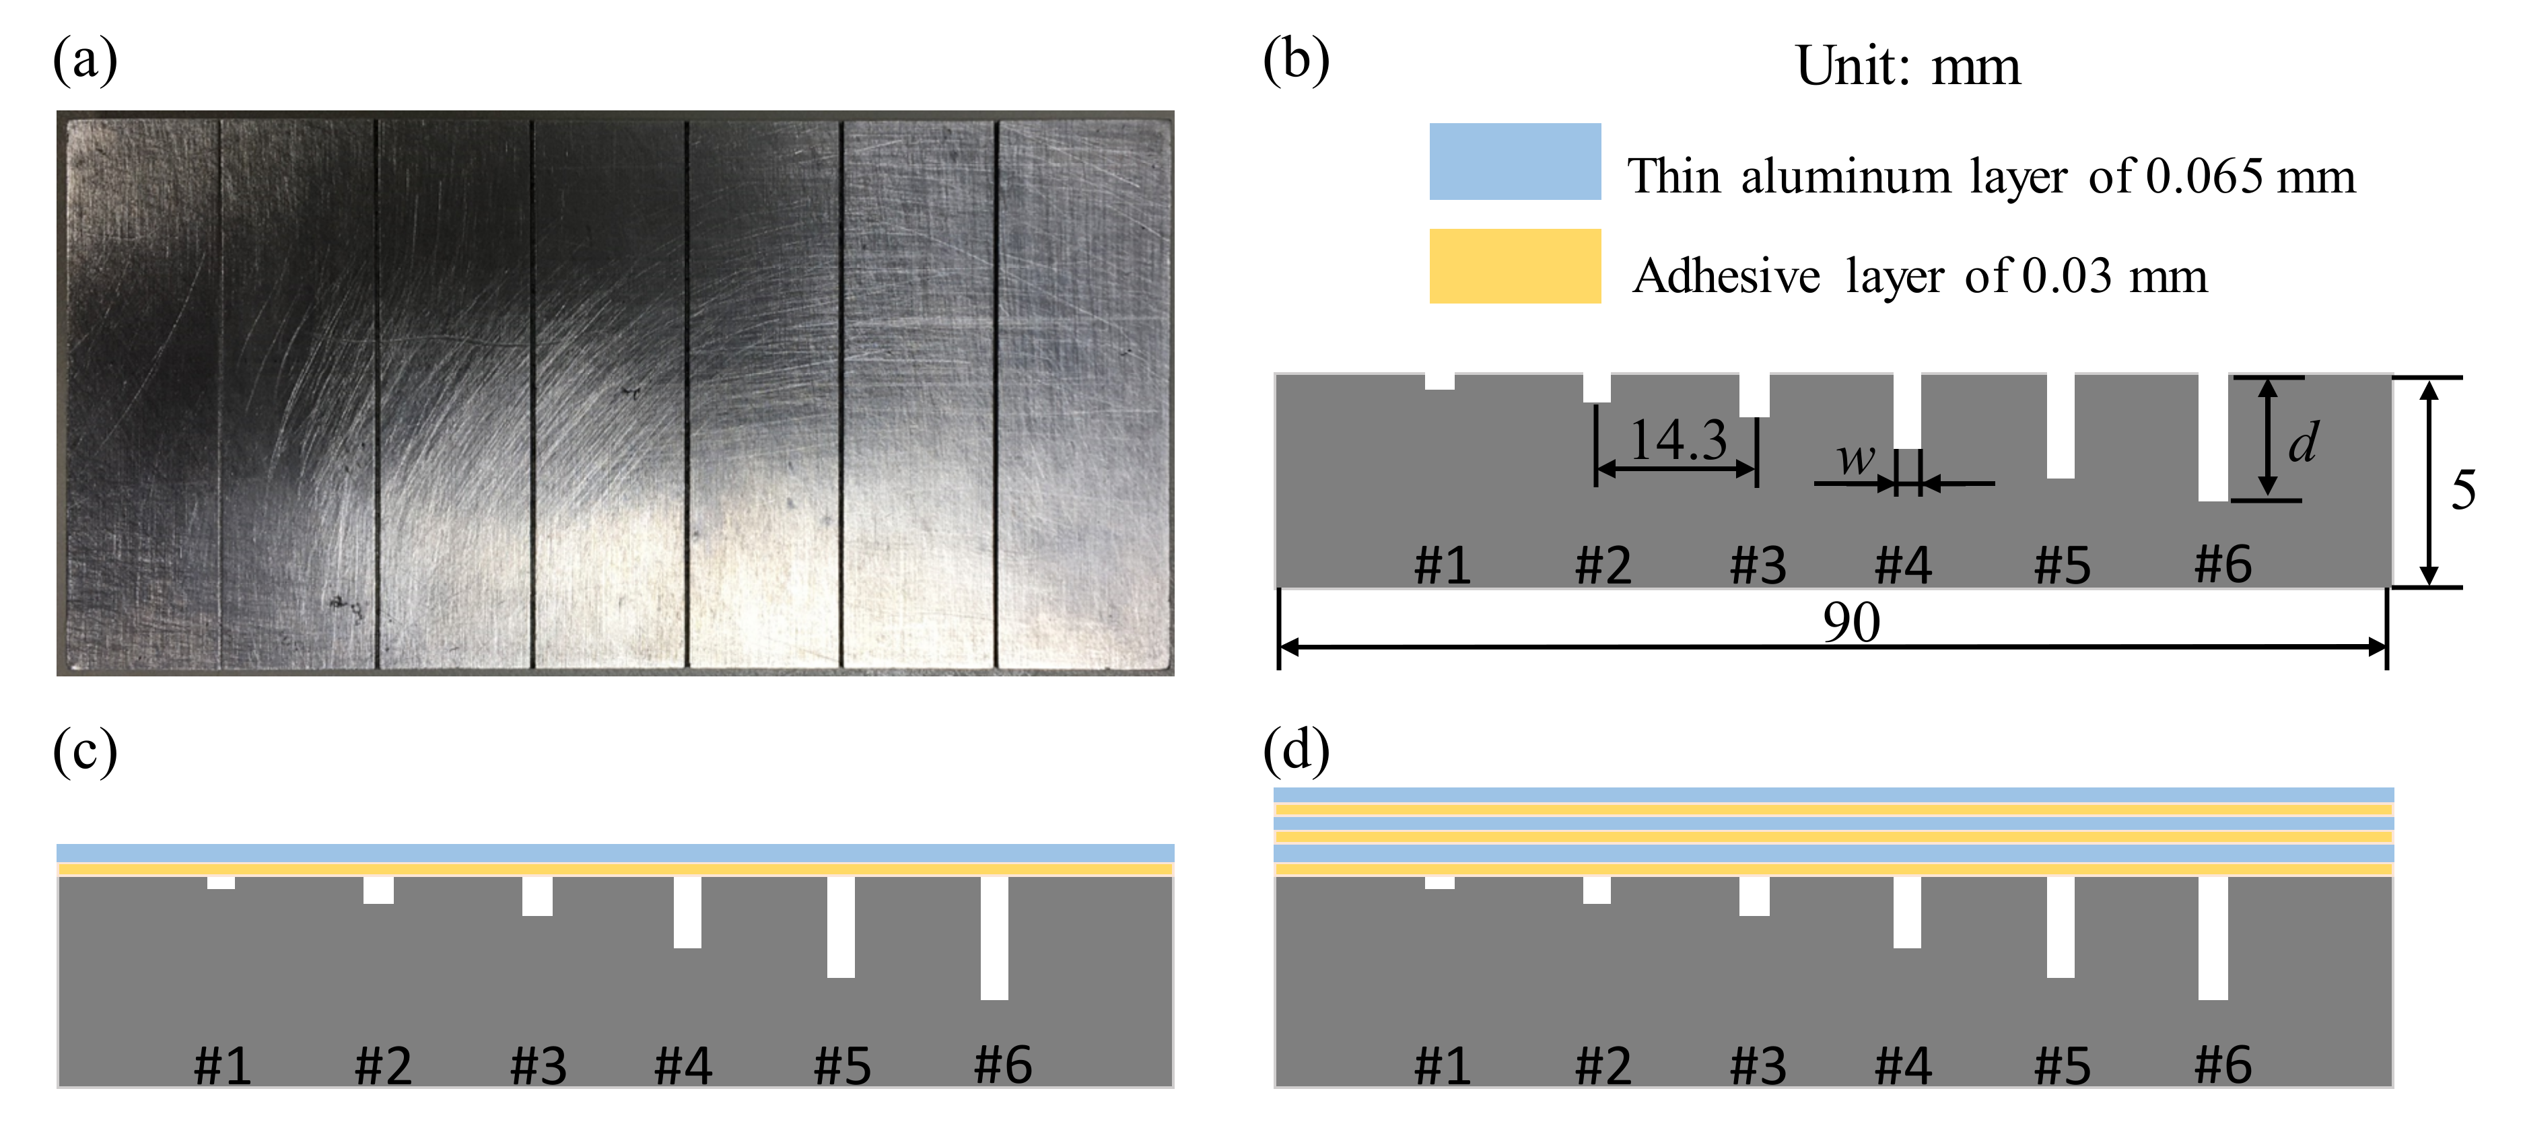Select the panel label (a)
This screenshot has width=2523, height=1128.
click(x=85, y=61)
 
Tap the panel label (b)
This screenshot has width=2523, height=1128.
click(x=1296, y=61)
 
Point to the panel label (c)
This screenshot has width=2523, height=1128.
click(x=85, y=752)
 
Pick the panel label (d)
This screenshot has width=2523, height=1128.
click(x=1296, y=752)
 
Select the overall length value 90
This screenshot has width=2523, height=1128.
click(x=1851, y=622)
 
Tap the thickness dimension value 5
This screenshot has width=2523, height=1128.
click(x=2463, y=489)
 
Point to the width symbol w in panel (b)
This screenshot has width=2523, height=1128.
click(x=1855, y=457)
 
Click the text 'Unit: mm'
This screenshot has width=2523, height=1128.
click(x=1907, y=67)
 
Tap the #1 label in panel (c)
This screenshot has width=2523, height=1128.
click(x=222, y=1065)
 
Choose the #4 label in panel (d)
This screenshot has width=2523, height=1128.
click(x=1902, y=1065)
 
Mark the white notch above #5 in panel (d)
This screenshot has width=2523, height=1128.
click(x=2061, y=926)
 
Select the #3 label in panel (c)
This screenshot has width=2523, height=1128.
click(x=538, y=1065)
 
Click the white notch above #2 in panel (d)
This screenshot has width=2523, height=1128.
click(x=1597, y=890)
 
